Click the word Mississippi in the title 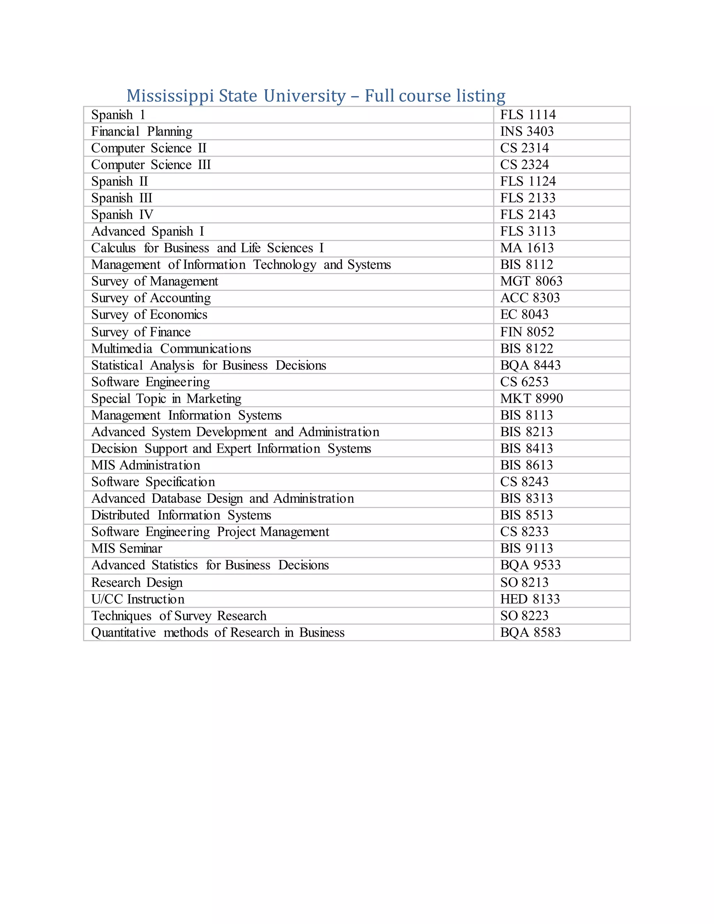[170, 97]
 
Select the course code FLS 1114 [527, 115]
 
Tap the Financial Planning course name [142, 131]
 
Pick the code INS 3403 [527, 131]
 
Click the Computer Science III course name [151, 165]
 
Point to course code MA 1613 [527, 248]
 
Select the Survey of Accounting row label [151, 298]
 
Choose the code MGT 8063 [531, 281]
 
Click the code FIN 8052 [527, 332]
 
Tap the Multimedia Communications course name [171, 349]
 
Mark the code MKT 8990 [531, 399]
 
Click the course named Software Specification [153, 482]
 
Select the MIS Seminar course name [127, 548]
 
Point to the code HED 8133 [530, 599]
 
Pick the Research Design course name [137, 583]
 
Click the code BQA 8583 [530, 633]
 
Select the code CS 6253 [524, 382]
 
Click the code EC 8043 [524, 315]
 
